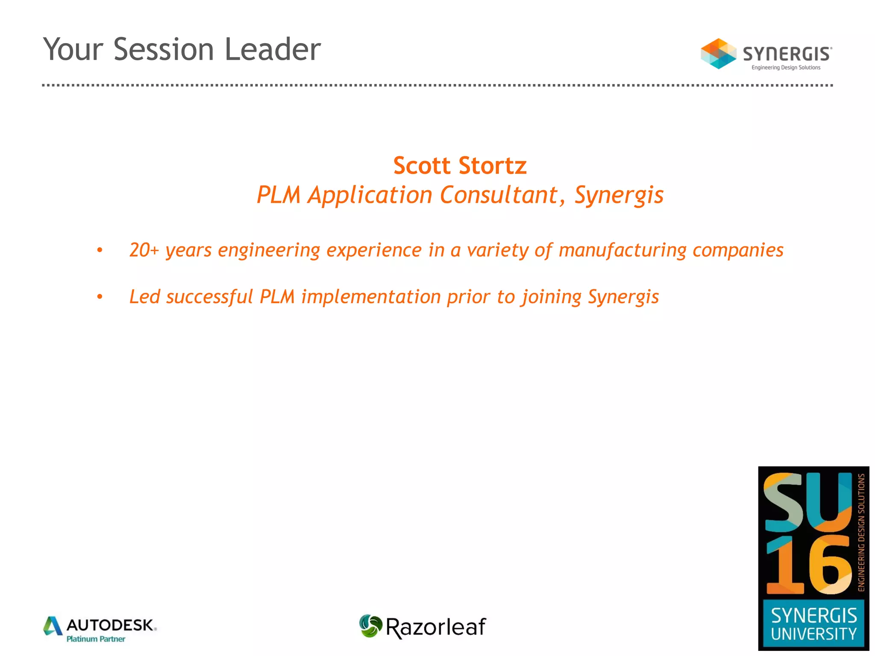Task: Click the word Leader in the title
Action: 273,50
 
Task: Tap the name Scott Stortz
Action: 460,166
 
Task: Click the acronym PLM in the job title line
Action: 278,195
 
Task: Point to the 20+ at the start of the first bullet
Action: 144,250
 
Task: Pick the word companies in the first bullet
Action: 738,250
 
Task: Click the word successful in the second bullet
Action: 209,297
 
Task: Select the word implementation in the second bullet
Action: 371,297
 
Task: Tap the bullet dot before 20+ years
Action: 100,250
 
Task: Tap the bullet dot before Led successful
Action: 100,297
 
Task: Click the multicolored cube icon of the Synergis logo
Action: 718,54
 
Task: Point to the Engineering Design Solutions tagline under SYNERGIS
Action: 786,67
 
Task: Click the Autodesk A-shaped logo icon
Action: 53,626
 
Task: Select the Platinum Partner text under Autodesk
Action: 96,639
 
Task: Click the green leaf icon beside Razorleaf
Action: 370,626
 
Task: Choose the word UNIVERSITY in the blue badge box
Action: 813,634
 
